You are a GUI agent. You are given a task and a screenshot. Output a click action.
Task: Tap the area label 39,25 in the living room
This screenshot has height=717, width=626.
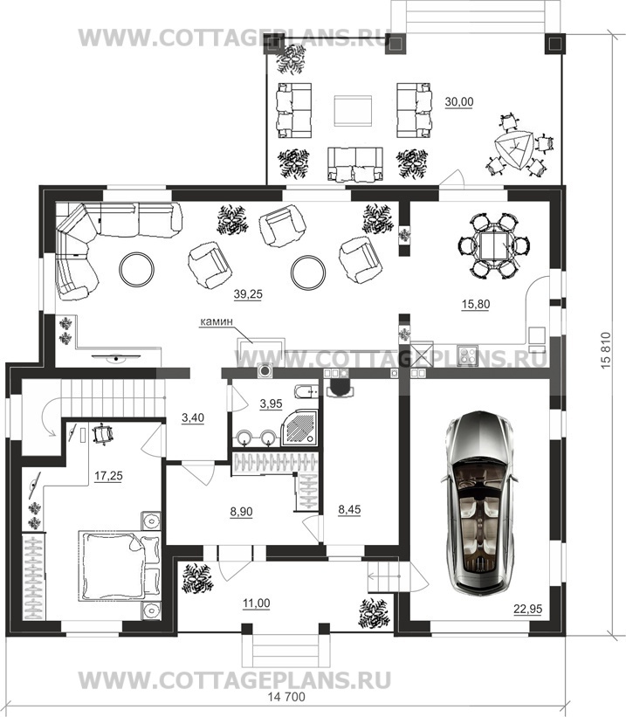pyautogui.click(x=248, y=294)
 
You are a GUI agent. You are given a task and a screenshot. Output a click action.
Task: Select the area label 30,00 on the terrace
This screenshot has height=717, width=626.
pyautogui.click(x=459, y=102)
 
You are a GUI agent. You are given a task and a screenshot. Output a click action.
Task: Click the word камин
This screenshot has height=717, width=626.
pyautogui.click(x=217, y=321)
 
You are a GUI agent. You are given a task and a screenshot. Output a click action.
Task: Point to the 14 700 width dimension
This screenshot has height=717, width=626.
pyautogui.click(x=286, y=697)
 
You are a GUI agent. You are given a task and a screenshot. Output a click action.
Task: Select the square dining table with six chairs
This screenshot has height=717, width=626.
pyautogui.click(x=493, y=246)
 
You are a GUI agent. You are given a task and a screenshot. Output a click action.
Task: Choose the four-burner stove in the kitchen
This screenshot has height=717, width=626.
pyautogui.click(x=467, y=355)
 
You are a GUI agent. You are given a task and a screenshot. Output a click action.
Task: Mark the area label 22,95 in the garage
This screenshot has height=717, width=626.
pyautogui.click(x=527, y=609)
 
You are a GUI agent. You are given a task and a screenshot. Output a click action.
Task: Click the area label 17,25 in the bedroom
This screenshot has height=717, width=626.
pyautogui.click(x=108, y=476)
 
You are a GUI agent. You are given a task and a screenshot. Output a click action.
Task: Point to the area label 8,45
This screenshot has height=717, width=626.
pyautogui.click(x=349, y=509)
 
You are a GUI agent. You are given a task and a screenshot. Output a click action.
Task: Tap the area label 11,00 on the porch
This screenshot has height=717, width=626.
pyautogui.click(x=256, y=603)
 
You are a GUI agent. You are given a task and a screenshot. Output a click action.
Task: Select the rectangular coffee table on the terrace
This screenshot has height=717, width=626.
pyautogui.click(x=352, y=110)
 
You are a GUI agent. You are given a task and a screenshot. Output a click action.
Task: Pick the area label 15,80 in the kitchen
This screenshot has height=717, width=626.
pyautogui.click(x=476, y=304)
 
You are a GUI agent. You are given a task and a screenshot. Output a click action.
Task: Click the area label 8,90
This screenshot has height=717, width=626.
pyautogui.click(x=241, y=512)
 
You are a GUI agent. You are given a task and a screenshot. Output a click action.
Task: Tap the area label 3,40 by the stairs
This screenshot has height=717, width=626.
pyautogui.click(x=192, y=418)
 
